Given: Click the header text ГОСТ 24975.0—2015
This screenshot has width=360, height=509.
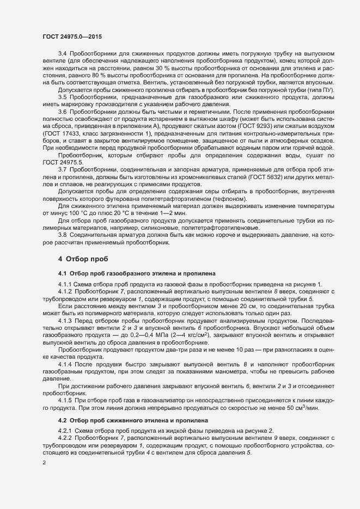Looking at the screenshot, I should pos(71,37).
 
